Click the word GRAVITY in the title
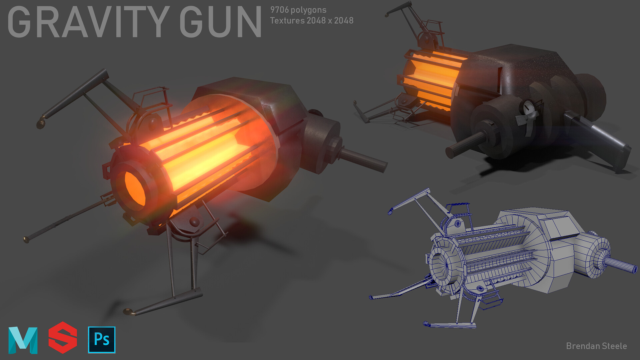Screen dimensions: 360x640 (x=88, y=22)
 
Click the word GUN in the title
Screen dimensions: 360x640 (x=220, y=22)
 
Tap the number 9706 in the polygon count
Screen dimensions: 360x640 (x=279, y=10)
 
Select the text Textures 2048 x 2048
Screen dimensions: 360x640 (x=311, y=21)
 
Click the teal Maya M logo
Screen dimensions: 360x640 (x=23, y=340)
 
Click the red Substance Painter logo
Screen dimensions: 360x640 (x=63, y=338)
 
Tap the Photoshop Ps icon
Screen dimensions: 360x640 (x=102, y=340)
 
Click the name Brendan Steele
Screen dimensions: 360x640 (x=596, y=346)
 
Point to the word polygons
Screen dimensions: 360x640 (x=308, y=10)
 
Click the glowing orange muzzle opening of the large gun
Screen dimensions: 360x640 (x=135, y=188)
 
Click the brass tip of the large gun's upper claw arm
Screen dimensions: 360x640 (x=41, y=124)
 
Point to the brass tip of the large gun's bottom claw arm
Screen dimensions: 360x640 (x=128, y=312)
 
